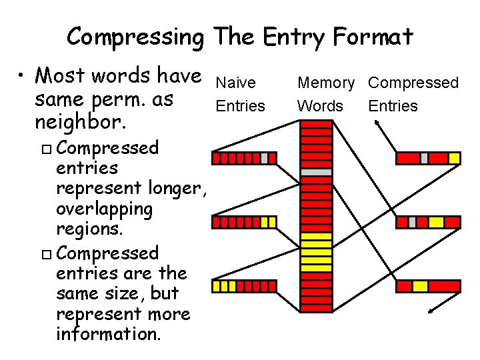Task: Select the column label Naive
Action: pyautogui.click(x=236, y=83)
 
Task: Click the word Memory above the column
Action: pyautogui.click(x=326, y=83)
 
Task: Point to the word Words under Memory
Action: pyautogui.click(x=320, y=106)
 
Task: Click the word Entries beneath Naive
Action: pyautogui.click(x=240, y=106)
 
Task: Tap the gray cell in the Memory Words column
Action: pyautogui.click(x=316, y=171)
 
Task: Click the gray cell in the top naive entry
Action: pyautogui.click(x=264, y=158)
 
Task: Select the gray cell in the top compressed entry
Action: pyautogui.click(x=424, y=158)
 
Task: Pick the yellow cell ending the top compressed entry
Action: pyautogui.click(x=454, y=158)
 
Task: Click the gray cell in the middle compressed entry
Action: pyautogui.click(x=412, y=222)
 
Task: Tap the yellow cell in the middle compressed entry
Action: pyautogui.click(x=436, y=222)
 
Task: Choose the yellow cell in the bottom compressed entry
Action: pyautogui.click(x=420, y=286)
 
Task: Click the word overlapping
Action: pyautogui.click(x=105, y=209)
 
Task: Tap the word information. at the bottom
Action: pyautogui.click(x=109, y=333)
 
